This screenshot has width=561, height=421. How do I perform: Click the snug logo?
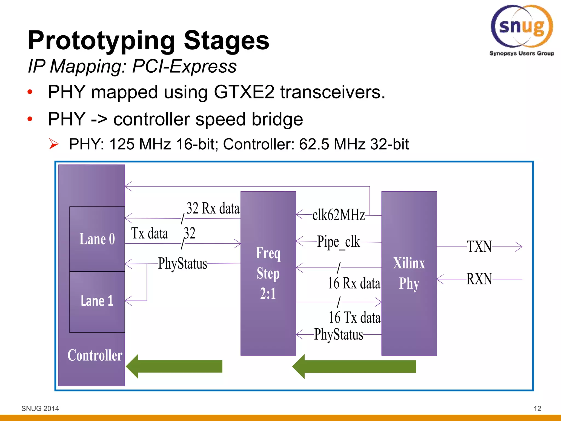point(522,29)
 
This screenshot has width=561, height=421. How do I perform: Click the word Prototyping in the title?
point(101,41)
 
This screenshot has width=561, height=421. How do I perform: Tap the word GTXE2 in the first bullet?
point(244,92)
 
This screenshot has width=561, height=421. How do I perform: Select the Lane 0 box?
point(97,239)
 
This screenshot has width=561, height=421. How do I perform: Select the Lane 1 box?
point(97,301)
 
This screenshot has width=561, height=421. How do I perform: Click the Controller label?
point(95,355)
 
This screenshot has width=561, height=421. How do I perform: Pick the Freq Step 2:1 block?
point(268,273)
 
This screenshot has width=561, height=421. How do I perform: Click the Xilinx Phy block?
point(409,273)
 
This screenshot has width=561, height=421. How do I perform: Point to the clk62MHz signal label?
point(339,215)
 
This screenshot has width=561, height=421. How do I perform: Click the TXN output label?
point(479,247)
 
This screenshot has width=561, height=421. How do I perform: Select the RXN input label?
point(479,279)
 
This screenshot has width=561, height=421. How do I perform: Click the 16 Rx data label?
point(354,283)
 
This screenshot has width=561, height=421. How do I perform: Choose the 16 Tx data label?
point(354,318)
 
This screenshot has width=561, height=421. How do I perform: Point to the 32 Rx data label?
point(213,208)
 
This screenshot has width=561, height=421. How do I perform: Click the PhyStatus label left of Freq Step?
point(182,264)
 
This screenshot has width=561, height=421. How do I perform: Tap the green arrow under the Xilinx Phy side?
point(354,366)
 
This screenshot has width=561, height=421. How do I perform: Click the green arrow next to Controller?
point(174,366)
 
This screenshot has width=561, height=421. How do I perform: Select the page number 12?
point(537,409)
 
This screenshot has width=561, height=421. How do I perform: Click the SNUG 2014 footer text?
point(40,409)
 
